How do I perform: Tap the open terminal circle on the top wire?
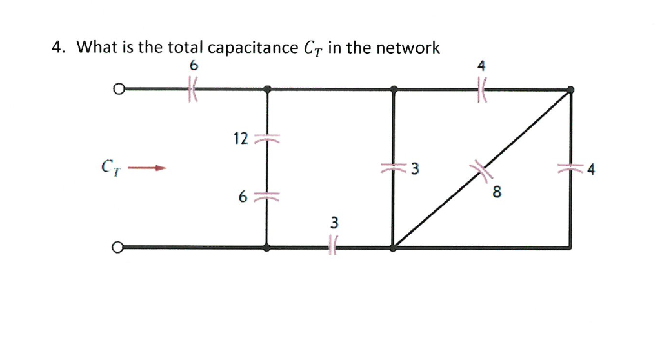point(117,89)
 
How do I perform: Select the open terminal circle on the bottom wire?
point(117,247)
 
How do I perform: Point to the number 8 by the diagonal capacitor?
point(497,192)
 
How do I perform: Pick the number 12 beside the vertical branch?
point(241,138)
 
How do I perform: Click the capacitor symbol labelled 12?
point(267,139)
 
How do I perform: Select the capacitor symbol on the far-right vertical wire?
point(570,169)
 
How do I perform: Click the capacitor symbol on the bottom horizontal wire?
point(333,246)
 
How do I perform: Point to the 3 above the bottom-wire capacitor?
point(334,223)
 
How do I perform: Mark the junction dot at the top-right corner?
point(570,90)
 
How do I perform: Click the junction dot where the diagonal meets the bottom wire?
point(394,247)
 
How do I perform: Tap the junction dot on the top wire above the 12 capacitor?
point(267,89)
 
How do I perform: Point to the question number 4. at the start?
point(60,48)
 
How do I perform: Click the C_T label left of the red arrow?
point(109,169)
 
